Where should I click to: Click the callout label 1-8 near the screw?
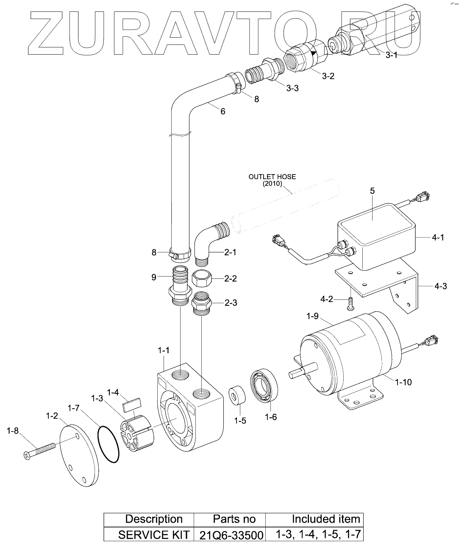[13, 431]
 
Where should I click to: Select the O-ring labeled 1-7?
[108, 444]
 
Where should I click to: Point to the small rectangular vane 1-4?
[132, 405]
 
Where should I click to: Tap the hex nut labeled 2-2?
[202, 279]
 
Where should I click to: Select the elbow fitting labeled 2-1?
[211, 243]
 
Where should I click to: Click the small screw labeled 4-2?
[351, 304]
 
